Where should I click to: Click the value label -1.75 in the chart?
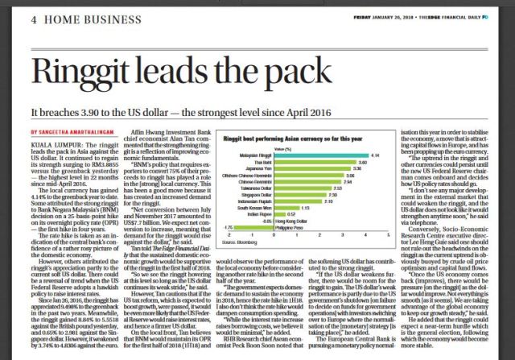point(229,228)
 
